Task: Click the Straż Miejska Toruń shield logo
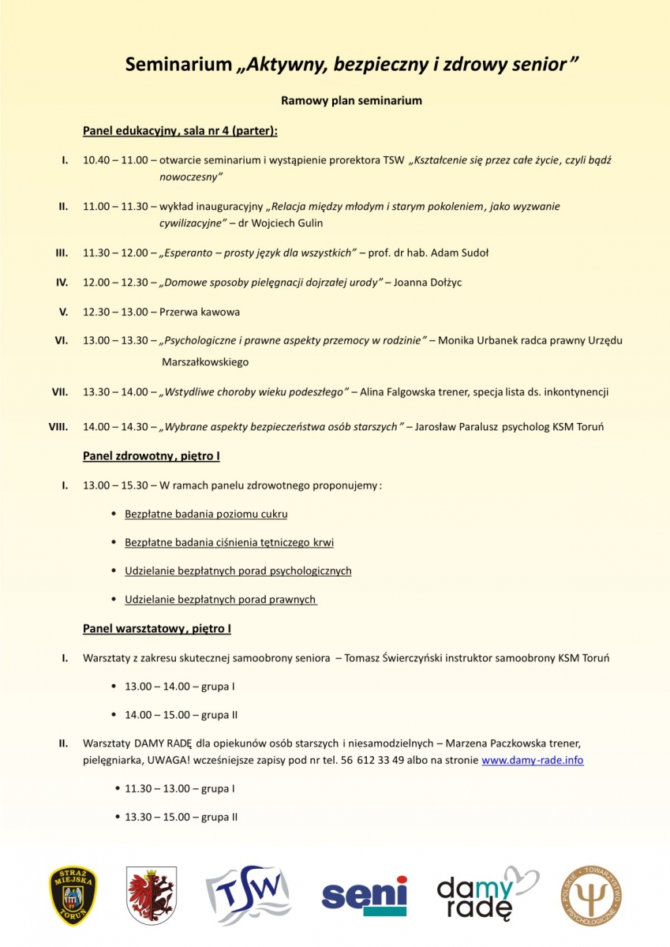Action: (x=73, y=895)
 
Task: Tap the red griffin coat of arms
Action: (x=152, y=895)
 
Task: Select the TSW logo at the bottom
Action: (x=248, y=895)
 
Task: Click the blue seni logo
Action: (x=364, y=895)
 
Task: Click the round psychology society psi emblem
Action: (x=591, y=895)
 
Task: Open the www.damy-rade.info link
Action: (x=532, y=761)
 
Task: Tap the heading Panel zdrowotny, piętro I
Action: (x=152, y=456)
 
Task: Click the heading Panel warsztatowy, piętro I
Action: (x=157, y=629)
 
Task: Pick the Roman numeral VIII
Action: (x=58, y=427)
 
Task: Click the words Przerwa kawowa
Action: (x=200, y=312)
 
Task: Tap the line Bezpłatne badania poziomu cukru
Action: (x=206, y=514)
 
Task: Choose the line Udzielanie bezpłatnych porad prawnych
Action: (x=220, y=600)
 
